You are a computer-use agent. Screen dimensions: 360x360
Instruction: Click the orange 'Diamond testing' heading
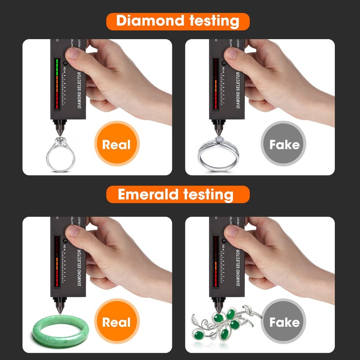coord(178,21)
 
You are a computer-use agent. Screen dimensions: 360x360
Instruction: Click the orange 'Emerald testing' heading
coord(178,194)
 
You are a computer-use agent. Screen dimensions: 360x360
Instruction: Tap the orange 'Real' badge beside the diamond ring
coord(116,144)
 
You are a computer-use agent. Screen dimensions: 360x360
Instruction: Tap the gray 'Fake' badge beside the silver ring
coord(284,144)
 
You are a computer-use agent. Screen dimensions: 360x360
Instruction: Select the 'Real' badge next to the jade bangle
coord(116,322)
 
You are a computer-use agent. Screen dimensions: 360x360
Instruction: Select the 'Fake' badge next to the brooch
coord(284,322)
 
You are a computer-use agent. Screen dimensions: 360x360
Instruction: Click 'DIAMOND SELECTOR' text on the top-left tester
coord(79,90)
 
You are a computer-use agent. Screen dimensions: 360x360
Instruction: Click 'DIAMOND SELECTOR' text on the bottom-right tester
coord(238,267)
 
